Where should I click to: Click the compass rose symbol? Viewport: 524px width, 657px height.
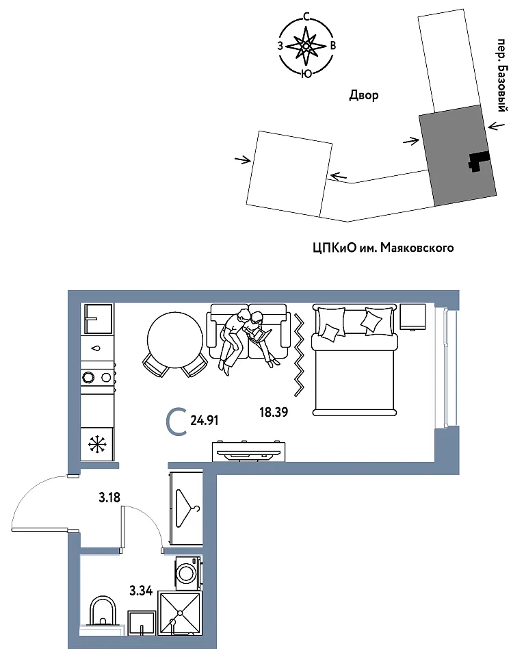(306, 45)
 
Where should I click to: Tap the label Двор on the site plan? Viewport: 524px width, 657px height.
(363, 96)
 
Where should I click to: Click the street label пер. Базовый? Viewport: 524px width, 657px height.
(503, 75)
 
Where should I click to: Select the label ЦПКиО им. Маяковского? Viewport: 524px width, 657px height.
(383, 248)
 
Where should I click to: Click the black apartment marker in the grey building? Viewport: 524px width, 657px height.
(478, 162)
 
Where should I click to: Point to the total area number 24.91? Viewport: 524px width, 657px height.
(205, 420)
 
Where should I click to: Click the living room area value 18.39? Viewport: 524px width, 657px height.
(274, 412)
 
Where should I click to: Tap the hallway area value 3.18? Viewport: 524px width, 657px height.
(109, 498)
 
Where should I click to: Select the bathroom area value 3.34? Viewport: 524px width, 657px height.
(141, 591)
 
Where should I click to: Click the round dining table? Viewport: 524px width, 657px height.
(175, 339)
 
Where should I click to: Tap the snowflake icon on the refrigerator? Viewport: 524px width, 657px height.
(96, 444)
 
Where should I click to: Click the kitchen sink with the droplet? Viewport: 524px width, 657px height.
(96, 348)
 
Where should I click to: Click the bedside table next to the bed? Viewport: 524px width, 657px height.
(413, 317)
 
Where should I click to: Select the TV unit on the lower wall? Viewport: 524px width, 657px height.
(249, 451)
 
